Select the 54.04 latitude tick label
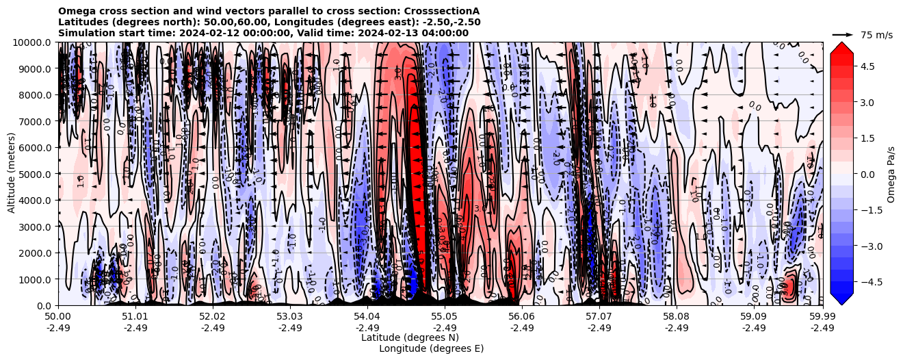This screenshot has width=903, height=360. click(367, 317)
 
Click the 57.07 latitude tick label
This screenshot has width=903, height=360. click(599, 317)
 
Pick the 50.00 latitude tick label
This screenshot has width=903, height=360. click(58, 317)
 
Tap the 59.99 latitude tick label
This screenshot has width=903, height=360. click(822, 317)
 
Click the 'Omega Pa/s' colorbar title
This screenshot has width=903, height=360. click(891, 174)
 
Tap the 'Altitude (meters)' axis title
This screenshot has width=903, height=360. click(12, 174)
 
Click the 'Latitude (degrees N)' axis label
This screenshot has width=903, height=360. click(410, 337)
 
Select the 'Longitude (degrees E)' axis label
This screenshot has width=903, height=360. click(431, 348)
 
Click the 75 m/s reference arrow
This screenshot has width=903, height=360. click(843, 34)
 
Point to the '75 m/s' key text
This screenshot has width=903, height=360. click(876, 35)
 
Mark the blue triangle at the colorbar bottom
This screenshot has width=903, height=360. click(841, 298)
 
